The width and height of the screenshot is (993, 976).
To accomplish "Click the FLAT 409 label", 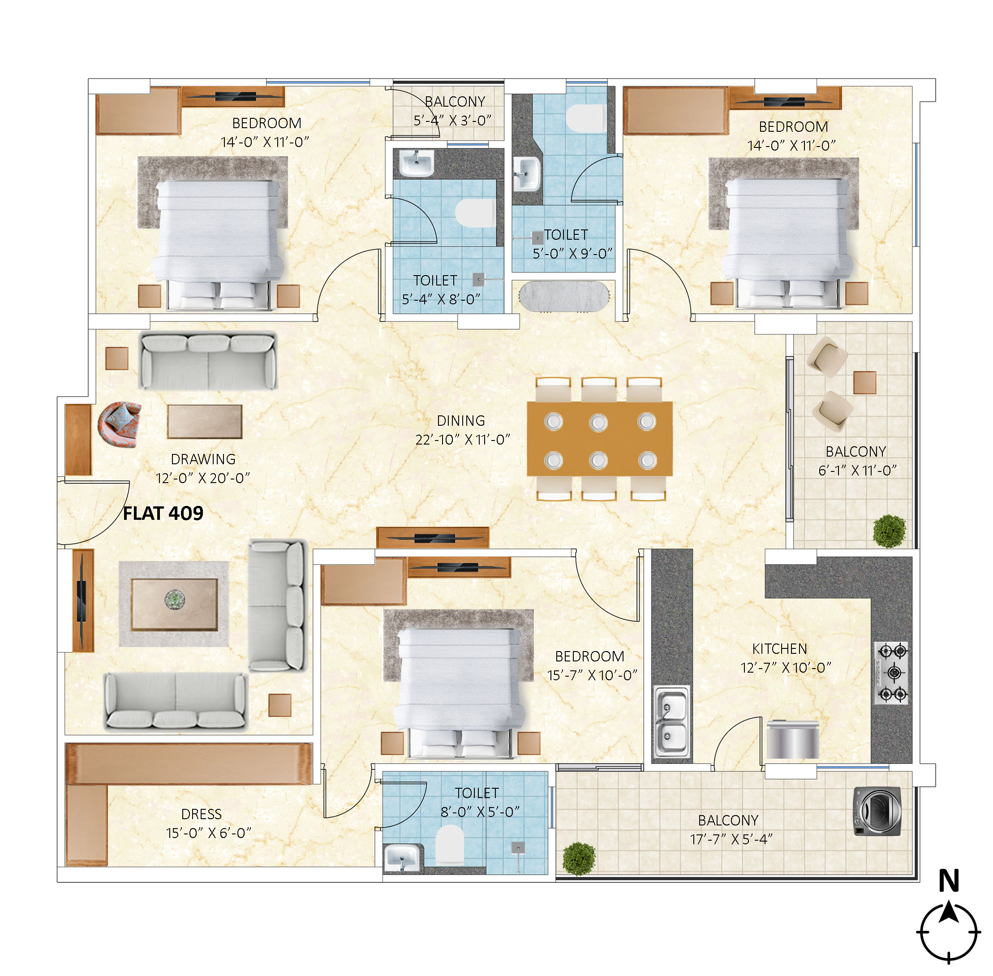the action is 163,513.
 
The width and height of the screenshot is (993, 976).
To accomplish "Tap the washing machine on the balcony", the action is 877,812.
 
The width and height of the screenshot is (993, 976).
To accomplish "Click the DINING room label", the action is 460,421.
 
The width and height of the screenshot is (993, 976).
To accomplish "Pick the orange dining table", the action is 599,439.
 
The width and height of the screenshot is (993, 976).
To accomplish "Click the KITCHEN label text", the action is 779,649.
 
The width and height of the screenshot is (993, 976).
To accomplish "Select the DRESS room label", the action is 202,815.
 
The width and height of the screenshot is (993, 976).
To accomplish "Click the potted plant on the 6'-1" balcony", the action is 890,531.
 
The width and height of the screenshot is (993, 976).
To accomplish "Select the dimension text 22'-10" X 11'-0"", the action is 463,440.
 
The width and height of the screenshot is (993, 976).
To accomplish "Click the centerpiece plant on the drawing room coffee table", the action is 175,598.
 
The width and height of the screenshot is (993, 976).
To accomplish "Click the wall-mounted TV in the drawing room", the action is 82,601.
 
